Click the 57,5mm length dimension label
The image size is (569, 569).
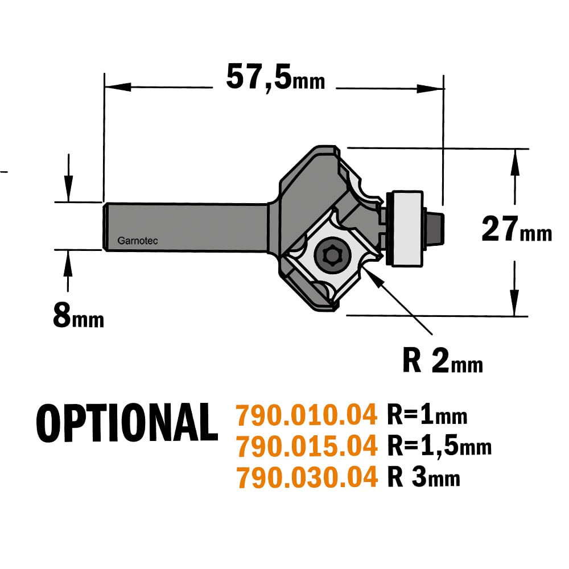click(275, 77)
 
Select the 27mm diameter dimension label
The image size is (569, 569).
click(517, 229)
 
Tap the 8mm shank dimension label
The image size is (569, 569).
click(79, 316)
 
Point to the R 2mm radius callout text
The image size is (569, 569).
click(443, 360)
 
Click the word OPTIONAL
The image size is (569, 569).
click(127, 423)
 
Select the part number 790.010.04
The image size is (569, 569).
click(307, 415)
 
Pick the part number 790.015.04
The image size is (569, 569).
click(307, 446)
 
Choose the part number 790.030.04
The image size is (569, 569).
click(307, 477)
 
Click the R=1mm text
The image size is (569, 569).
click(427, 414)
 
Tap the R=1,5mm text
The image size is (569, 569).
click(439, 446)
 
